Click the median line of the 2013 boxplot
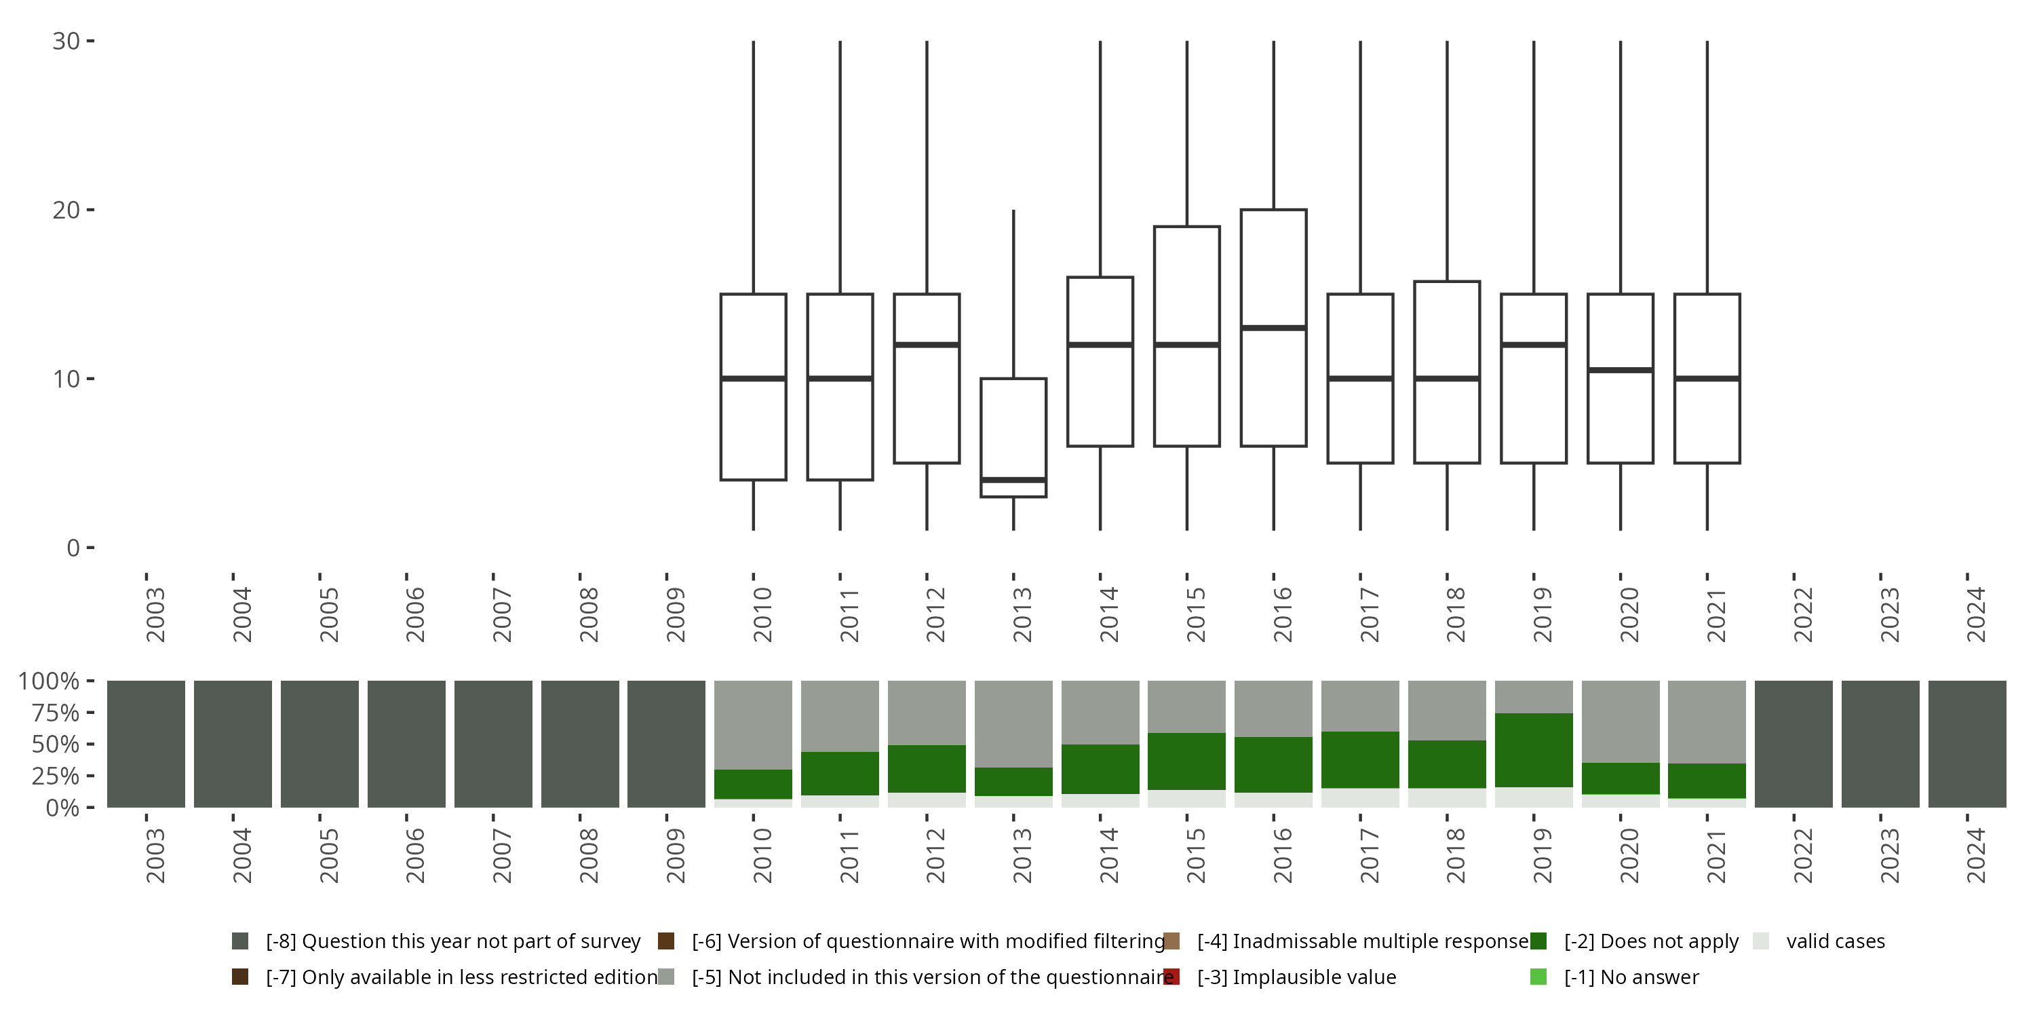tap(1013, 480)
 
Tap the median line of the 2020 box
tap(1621, 370)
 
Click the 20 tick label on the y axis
tap(66, 210)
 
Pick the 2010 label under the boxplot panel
tap(762, 615)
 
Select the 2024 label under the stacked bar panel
tap(1975, 856)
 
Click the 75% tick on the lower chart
tap(56, 713)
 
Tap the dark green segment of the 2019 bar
tap(1533, 750)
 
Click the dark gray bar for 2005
tap(319, 744)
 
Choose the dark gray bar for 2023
tap(1880, 744)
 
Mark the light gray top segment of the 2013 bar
tap(1013, 723)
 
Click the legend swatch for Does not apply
tap(1538, 941)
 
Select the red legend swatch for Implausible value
tap(1171, 977)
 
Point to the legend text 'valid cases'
tap(1835, 941)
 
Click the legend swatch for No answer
tap(1538, 977)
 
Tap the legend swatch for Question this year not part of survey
tap(240, 941)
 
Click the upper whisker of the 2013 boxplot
tap(1013, 293)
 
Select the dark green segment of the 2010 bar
tap(753, 784)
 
